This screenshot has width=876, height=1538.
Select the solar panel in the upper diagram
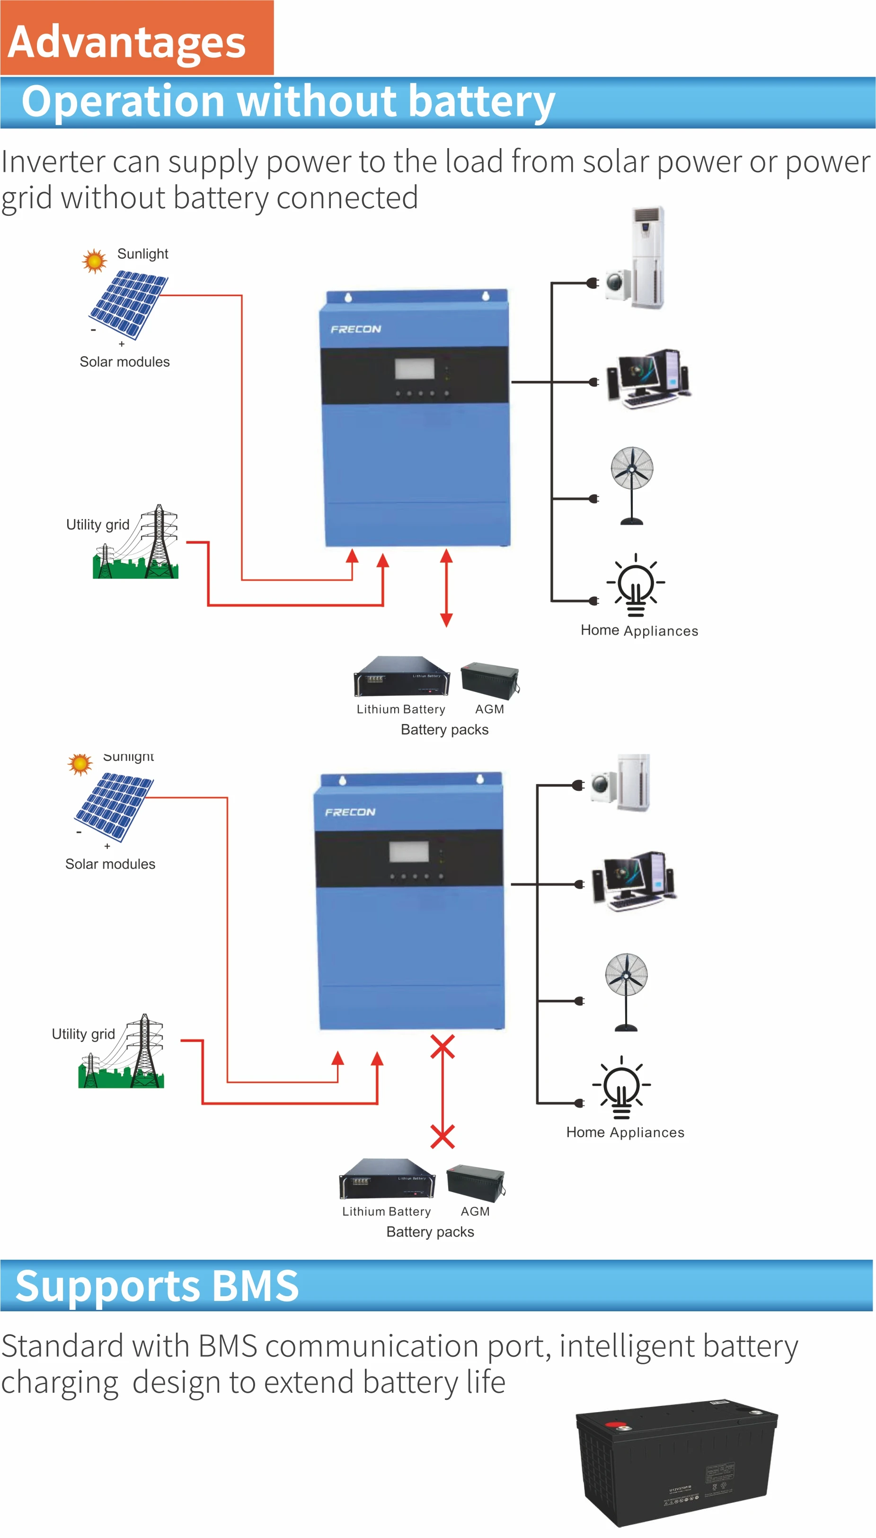point(128,304)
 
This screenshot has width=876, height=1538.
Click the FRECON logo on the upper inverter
point(355,329)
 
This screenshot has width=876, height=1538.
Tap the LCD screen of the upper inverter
point(415,368)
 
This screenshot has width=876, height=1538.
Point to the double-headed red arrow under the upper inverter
point(446,588)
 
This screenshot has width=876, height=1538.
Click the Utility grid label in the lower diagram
point(83,1034)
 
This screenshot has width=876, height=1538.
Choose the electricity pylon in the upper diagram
point(158,541)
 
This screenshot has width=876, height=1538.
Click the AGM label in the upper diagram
point(489,709)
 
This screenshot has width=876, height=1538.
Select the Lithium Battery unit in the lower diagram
point(387,1178)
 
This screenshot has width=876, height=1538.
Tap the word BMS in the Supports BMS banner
point(255,1285)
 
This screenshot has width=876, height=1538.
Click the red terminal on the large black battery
point(615,1425)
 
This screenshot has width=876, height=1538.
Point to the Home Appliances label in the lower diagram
point(625,1132)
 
